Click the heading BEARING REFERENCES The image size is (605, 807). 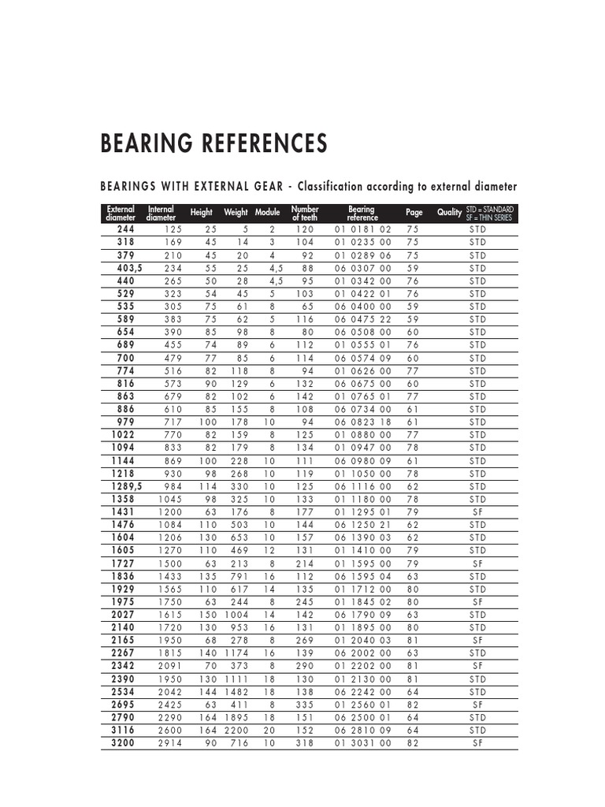(213, 143)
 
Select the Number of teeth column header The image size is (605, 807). (304, 213)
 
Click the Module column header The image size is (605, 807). (268, 213)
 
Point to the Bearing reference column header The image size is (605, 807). (362, 213)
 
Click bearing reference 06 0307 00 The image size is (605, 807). (362, 268)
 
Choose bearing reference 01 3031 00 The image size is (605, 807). (362, 743)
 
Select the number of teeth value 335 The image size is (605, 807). (305, 705)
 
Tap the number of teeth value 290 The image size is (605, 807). (305, 666)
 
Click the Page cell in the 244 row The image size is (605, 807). (413, 229)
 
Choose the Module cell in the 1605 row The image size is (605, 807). (270, 551)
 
